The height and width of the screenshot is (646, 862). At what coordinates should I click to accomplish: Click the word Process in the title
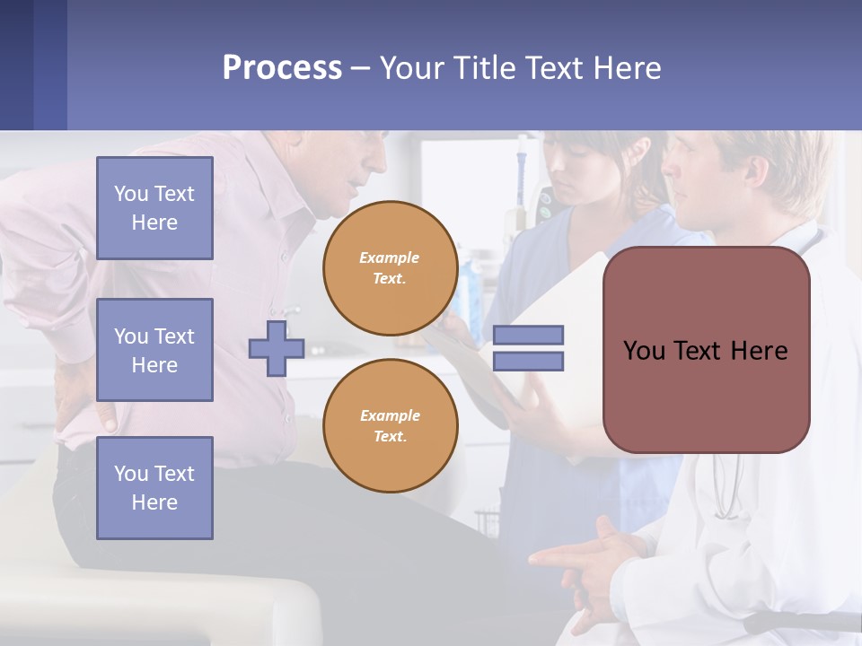(282, 68)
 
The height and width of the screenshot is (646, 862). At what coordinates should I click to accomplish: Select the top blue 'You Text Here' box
(154, 208)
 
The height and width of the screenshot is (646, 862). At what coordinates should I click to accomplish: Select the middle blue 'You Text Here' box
(154, 350)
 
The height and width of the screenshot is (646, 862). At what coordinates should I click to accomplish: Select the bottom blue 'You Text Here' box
(154, 488)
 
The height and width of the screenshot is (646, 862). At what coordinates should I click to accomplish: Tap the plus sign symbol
(277, 348)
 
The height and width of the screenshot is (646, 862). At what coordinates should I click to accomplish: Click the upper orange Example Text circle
(390, 268)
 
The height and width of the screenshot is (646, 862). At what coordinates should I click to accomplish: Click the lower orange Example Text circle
(390, 426)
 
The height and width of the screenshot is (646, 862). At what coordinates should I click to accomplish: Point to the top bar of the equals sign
(528, 336)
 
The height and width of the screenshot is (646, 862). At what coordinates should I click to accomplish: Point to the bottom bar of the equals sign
(528, 362)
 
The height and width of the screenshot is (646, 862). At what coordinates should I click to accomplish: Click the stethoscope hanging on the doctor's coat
(727, 484)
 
